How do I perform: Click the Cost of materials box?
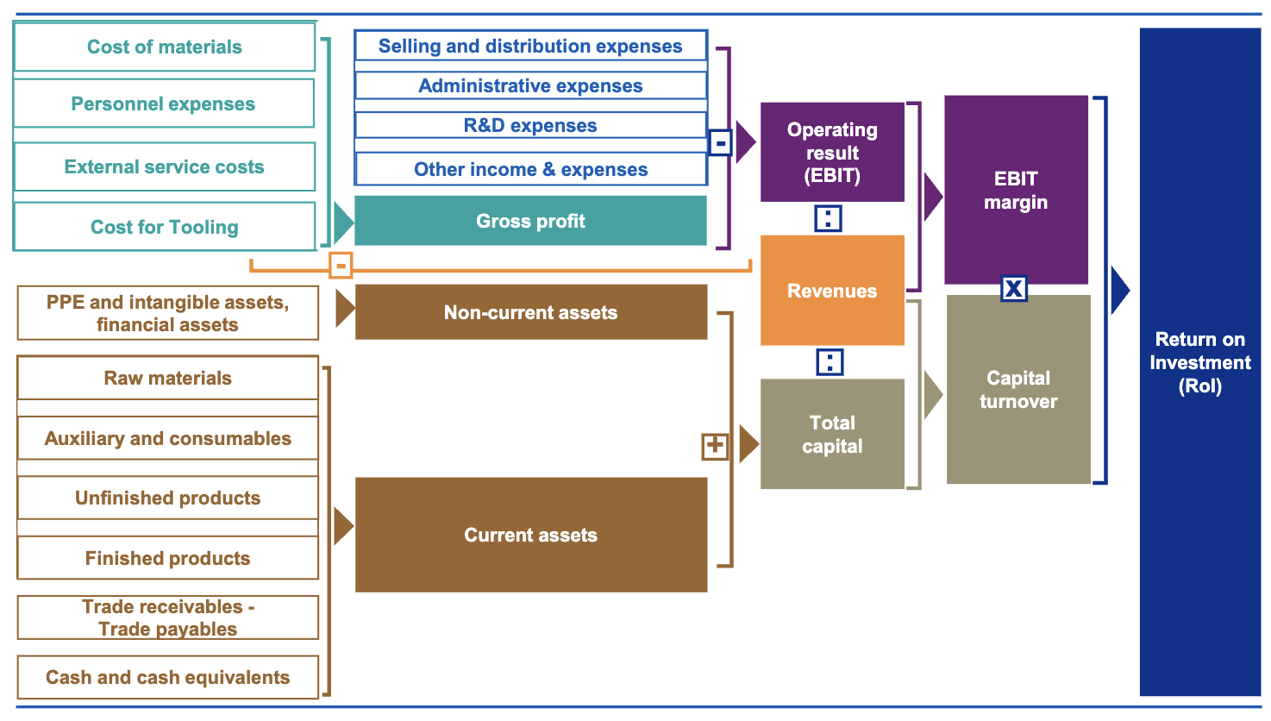(x=165, y=47)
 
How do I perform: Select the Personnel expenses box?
(x=164, y=104)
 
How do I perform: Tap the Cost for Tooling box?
(x=165, y=227)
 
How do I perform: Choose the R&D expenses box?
(x=530, y=126)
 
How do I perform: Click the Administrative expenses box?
(x=530, y=86)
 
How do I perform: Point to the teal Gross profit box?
(x=530, y=221)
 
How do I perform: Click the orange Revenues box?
(x=832, y=291)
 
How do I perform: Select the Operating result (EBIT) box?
(x=832, y=153)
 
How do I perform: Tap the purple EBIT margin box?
(x=1016, y=191)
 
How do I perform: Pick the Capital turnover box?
(x=1018, y=389)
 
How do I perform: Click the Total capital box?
(x=832, y=434)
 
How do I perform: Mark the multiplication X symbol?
(x=1014, y=288)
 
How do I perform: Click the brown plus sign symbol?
(x=715, y=446)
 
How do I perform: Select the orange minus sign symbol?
(x=341, y=266)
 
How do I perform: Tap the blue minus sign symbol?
(x=720, y=142)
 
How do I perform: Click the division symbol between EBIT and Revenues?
(x=828, y=218)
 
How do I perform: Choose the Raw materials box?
(x=168, y=378)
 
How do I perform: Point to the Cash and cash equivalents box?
(x=168, y=677)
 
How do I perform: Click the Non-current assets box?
(x=530, y=312)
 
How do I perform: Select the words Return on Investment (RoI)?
(x=1199, y=362)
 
